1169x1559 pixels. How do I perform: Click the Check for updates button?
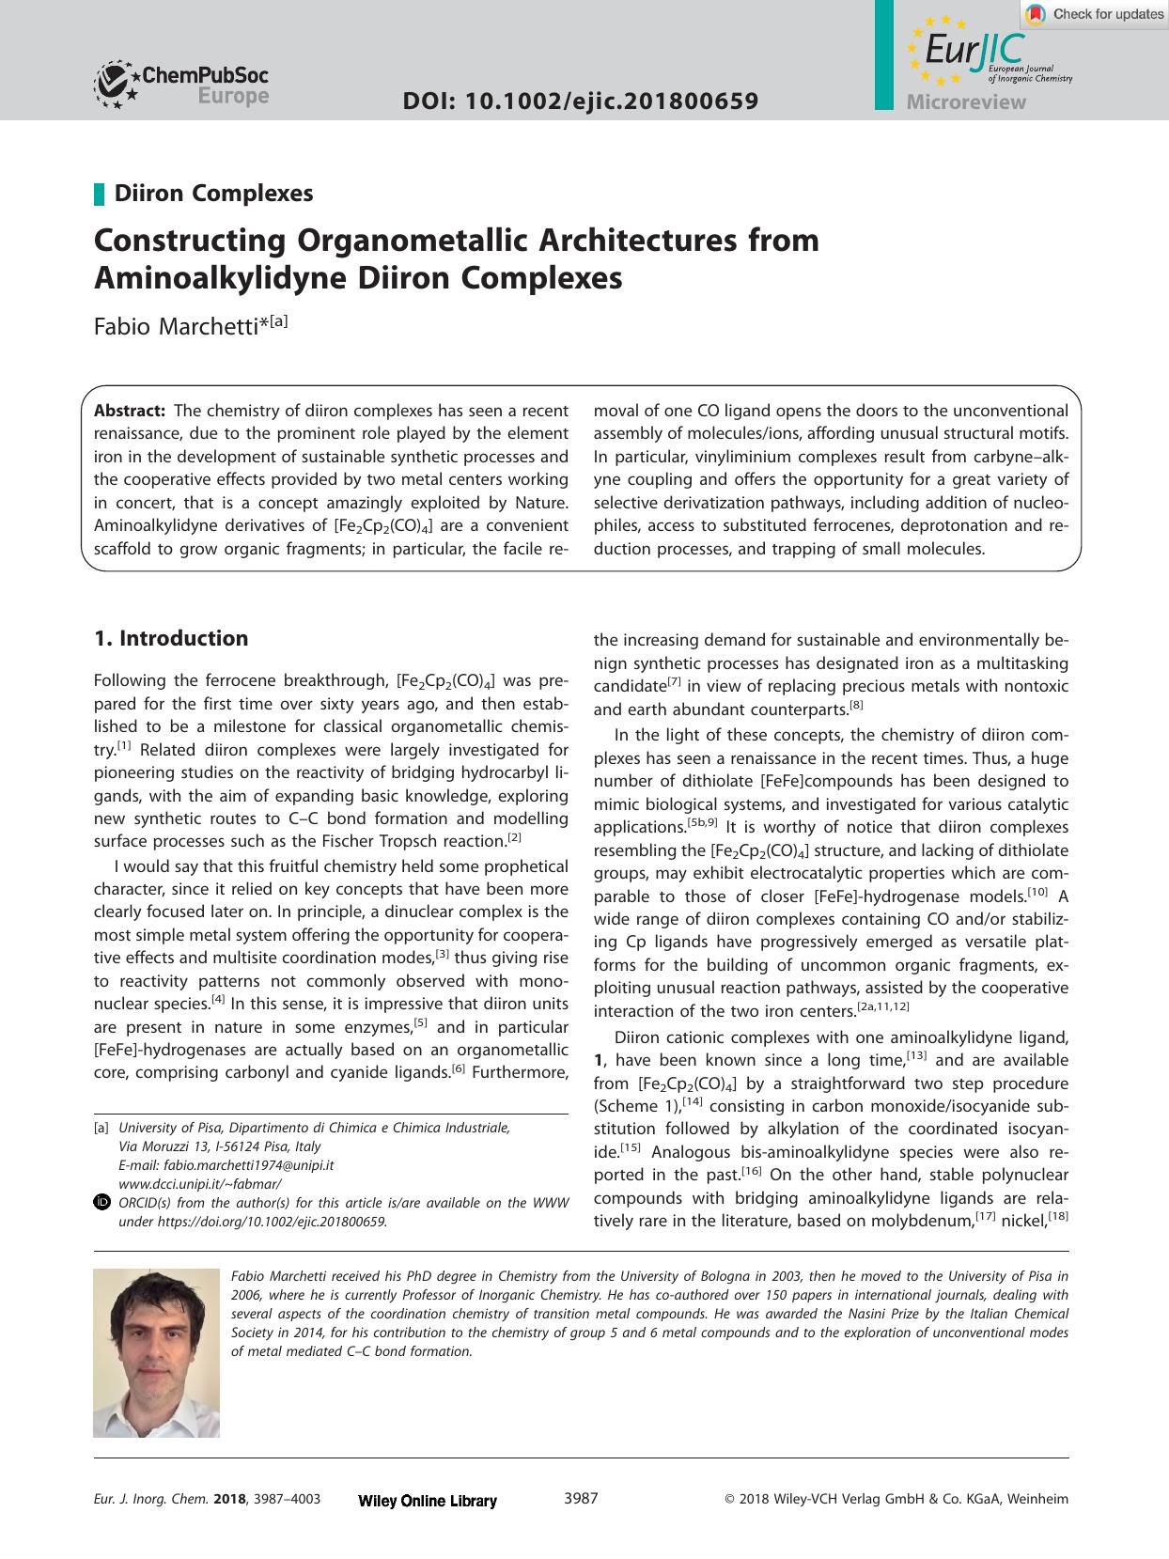[1096, 14]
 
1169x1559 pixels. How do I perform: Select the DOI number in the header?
[580, 101]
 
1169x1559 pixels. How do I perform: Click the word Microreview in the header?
[966, 102]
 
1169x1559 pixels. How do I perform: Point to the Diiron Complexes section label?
[213, 194]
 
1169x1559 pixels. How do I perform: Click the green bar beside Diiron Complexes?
[99, 194]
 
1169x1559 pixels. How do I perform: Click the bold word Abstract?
[130, 411]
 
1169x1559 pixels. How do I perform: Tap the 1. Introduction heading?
[171, 638]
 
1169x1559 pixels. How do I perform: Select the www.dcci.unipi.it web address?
[199, 1183]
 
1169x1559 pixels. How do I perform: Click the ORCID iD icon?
[102, 1203]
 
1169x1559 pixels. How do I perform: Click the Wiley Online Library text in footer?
[428, 1501]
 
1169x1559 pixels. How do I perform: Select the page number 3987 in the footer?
[580, 1498]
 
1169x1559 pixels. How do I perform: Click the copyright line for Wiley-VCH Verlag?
[896, 1500]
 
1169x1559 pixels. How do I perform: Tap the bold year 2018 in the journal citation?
[229, 1500]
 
